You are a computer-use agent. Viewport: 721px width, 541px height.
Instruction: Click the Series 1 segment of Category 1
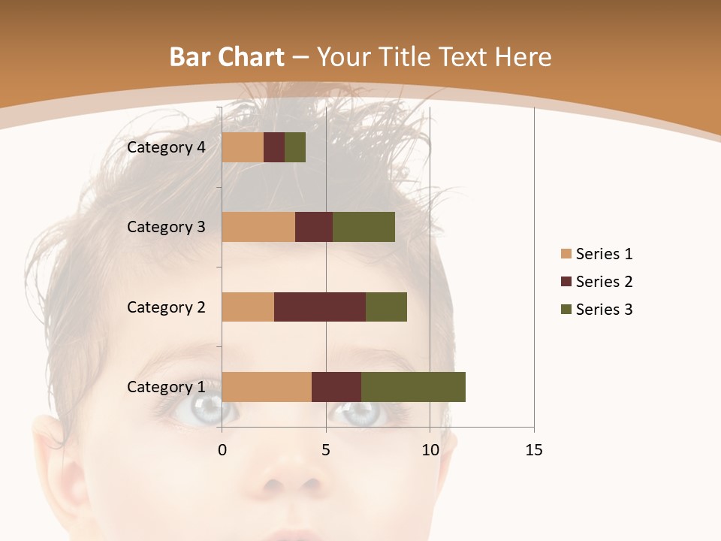tap(267, 386)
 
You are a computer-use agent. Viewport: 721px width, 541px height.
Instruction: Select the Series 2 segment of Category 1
tap(336, 386)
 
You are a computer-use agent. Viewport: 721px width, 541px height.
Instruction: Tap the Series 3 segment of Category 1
tap(413, 386)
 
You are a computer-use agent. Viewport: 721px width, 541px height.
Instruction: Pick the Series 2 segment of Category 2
tap(320, 307)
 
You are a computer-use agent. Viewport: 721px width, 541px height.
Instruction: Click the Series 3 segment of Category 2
tap(386, 307)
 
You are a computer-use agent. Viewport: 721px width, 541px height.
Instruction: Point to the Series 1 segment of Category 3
tap(258, 227)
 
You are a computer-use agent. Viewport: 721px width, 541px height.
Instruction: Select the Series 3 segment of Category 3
tap(364, 227)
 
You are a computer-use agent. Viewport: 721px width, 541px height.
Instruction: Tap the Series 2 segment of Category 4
tap(274, 147)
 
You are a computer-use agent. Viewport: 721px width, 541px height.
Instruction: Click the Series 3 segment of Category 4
tap(295, 147)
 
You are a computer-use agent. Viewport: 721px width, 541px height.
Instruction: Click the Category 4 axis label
tap(166, 147)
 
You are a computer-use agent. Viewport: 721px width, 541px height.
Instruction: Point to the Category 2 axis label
tap(166, 307)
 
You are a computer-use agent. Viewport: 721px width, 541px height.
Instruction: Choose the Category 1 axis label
tap(166, 387)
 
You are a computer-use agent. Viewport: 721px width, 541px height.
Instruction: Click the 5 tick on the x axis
tap(326, 450)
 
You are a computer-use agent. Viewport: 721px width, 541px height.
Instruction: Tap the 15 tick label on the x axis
tap(534, 450)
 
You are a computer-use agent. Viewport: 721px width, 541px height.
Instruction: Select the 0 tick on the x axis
tap(222, 450)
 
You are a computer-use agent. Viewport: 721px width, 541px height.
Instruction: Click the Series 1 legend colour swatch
tap(566, 254)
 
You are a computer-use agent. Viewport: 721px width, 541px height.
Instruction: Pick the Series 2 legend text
tap(604, 282)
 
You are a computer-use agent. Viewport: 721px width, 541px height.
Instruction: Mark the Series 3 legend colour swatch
tap(566, 310)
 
